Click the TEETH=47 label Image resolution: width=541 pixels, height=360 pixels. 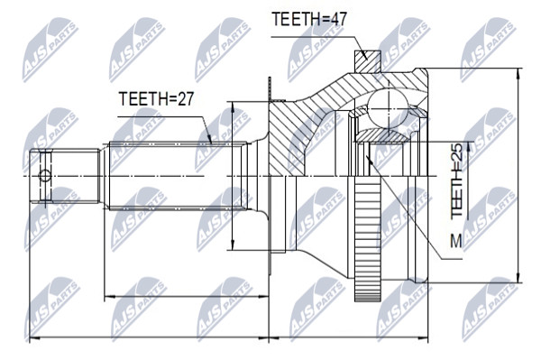point(308,19)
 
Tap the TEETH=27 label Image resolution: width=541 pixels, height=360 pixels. point(156,98)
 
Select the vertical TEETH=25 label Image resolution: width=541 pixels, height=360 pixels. point(456,180)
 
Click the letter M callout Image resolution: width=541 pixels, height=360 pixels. point(456,241)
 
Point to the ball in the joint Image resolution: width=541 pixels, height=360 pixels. point(388,109)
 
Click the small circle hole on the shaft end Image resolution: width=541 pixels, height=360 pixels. point(45,176)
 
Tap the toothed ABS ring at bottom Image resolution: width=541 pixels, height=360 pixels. point(368,238)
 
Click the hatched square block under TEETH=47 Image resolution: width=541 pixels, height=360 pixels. point(368,61)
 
